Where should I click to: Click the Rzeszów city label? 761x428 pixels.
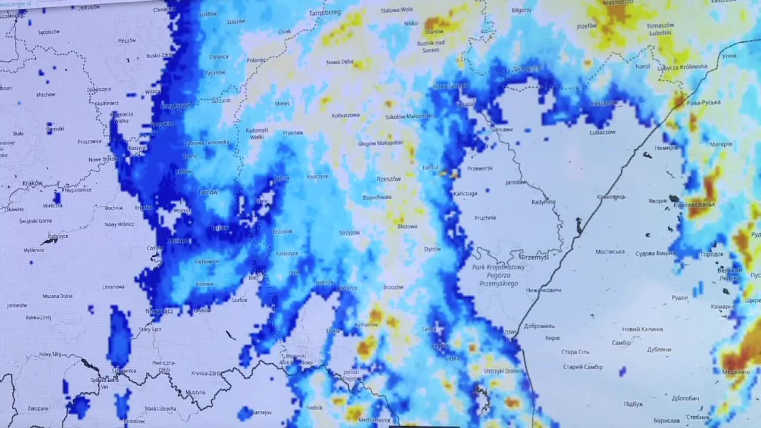[x=389, y=179]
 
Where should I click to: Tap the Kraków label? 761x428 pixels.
[x=33, y=184]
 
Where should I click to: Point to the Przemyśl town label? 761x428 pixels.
[x=534, y=257]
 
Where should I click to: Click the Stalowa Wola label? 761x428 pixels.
[x=397, y=10]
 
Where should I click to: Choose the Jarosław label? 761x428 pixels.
[x=516, y=182]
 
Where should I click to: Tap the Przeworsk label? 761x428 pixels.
[x=480, y=168]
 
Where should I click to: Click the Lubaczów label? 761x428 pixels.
[x=602, y=133]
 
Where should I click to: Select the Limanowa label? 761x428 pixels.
[x=113, y=287]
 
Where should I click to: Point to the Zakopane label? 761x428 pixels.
[x=38, y=408]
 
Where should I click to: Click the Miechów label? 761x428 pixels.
[x=45, y=95]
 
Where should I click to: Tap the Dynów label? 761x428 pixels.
[x=432, y=249]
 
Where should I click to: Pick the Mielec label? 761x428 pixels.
[x=282, y=103]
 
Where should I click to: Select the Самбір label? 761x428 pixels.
[x=621, y=343]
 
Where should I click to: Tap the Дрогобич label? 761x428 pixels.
[x=685, y=398]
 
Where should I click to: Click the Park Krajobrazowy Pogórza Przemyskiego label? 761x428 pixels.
[x=498, y=275]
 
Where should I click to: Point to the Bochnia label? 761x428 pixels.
[x=113, y=208]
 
